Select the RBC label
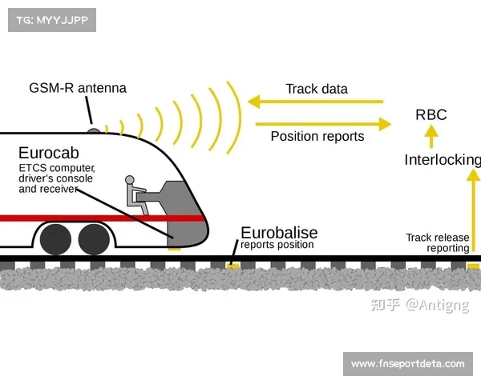(430, 115)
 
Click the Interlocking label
(442, 160)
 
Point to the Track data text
(317, 89)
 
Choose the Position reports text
(317, 136)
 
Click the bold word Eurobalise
(279, 233)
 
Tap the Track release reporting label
(437, 242)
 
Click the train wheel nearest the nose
(94, 238)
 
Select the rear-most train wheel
(55, 238)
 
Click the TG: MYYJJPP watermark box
(51, 19)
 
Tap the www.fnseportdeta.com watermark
(407, 364)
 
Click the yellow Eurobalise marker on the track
(232, 264)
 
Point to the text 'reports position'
(277, 245)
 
